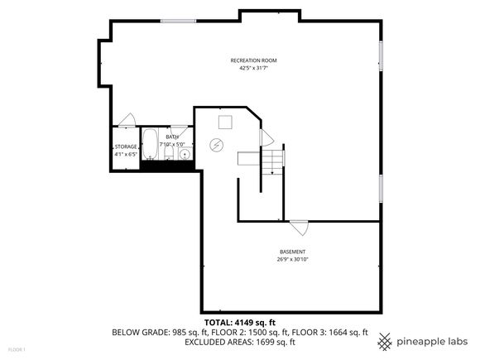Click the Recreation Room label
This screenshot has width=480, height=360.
[253, 60]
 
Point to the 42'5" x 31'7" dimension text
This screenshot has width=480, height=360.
[253, 68]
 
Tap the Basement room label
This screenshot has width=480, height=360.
[292, 252]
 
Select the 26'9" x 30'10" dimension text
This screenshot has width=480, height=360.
[292, 260]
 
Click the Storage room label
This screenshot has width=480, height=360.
[126, 147]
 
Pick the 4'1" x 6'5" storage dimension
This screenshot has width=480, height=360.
[126, 155]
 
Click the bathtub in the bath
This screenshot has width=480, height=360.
[150, 144]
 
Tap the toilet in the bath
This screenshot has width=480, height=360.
[169, 153]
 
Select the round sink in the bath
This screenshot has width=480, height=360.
[185, 154]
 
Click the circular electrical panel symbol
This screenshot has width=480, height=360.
[217, 145]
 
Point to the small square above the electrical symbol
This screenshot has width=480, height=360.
[225, 122]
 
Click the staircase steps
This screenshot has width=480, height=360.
[272, 161]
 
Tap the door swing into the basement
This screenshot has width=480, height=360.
[300, 227]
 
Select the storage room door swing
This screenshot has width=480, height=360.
[127, 120]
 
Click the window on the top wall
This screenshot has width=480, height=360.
[178, 22]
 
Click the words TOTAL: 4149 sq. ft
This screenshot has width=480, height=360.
[240, 323]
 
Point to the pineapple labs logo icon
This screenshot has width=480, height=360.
[385, 342]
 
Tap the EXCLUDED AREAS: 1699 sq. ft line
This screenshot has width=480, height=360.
[240, 342]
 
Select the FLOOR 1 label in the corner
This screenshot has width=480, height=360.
[17, 349]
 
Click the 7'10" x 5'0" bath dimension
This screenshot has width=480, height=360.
[172, 144]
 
